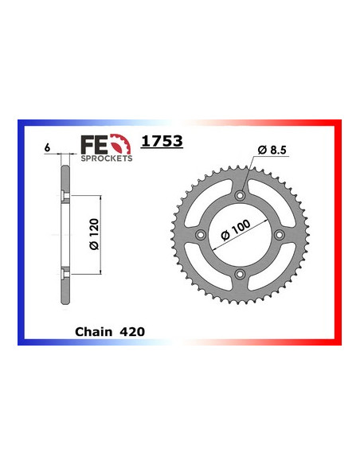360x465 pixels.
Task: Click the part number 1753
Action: (x=162, y=142)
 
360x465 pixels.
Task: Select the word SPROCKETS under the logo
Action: (x=106, y=158)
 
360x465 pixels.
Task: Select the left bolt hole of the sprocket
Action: (x=201, y=235)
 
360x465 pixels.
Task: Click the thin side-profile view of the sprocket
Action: (x=62, y=235)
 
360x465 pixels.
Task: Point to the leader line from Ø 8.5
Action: (x=251, y=173)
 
